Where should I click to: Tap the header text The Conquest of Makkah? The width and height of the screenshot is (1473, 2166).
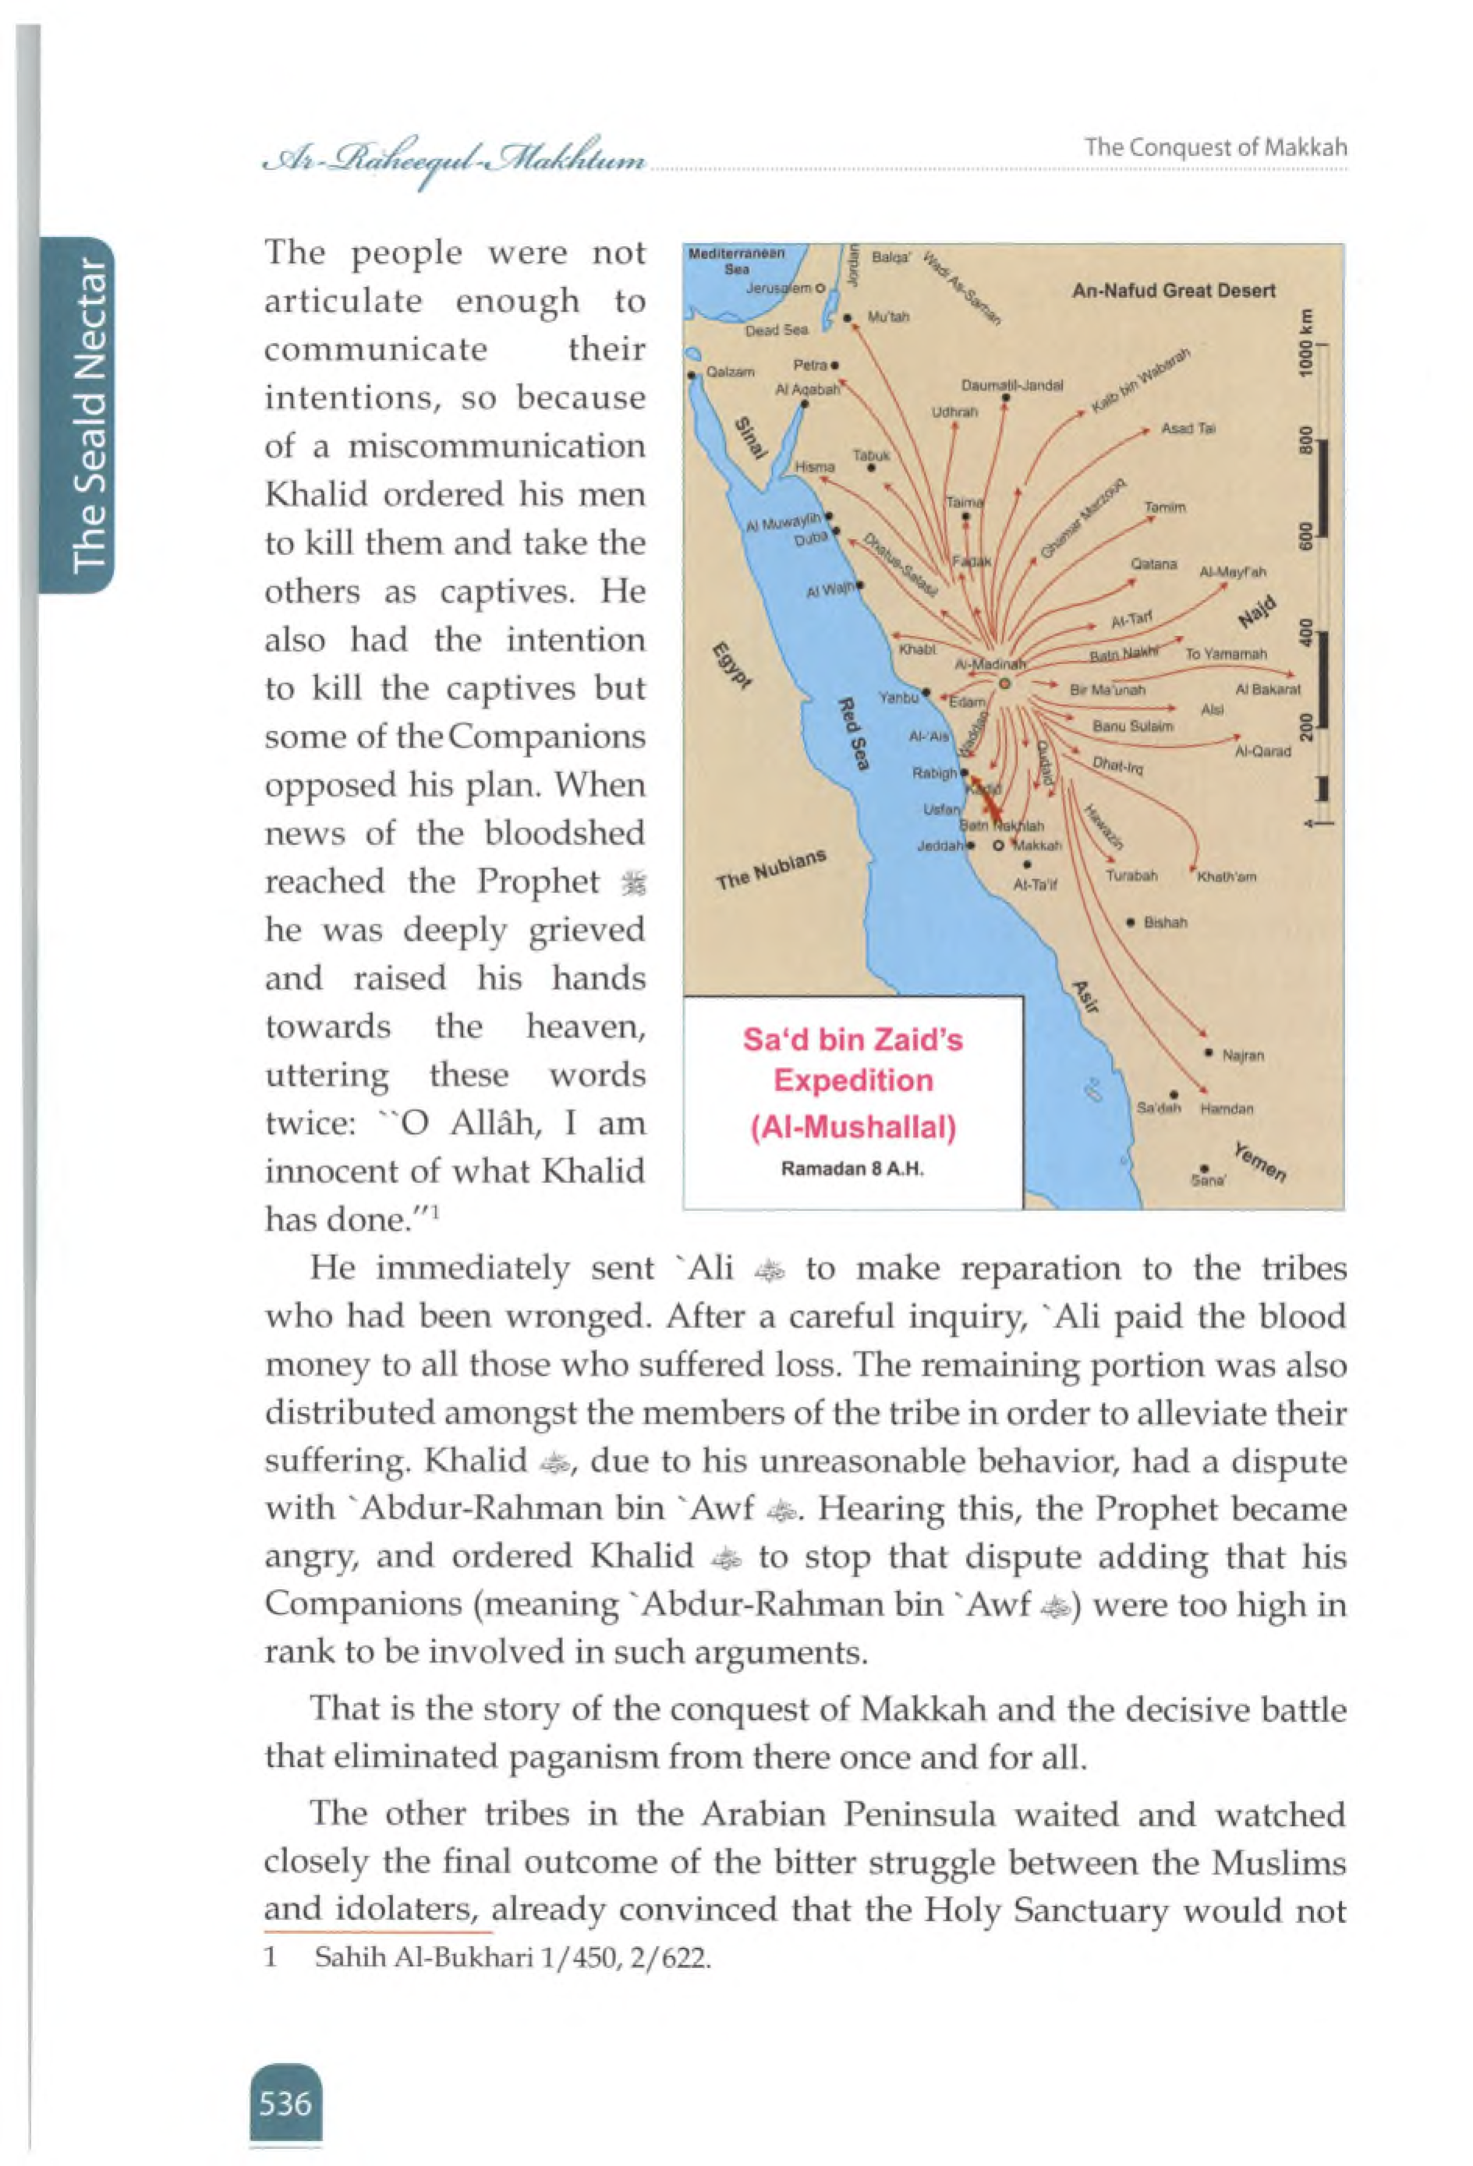1215,147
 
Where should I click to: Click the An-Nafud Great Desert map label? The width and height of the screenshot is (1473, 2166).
1173,291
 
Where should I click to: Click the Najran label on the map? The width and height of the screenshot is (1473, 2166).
1243,1056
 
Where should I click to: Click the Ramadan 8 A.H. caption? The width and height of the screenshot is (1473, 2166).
852,1169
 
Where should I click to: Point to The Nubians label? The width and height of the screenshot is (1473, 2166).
771,868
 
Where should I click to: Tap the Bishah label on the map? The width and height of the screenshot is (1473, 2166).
1164,923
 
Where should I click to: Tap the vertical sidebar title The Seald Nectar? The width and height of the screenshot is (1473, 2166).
89,415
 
